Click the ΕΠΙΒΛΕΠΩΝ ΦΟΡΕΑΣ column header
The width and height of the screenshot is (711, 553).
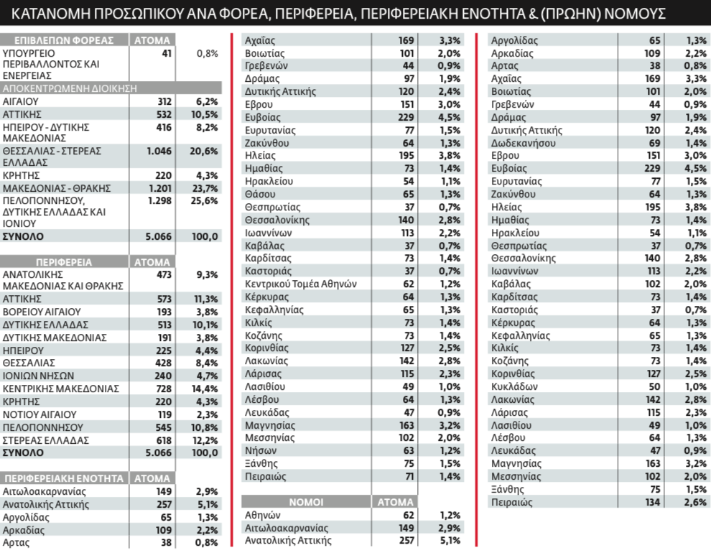click(64, 40)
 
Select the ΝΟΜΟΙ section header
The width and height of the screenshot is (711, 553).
click(306, 502)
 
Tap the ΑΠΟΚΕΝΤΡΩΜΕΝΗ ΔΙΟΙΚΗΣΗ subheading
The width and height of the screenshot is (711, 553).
click(70, 88)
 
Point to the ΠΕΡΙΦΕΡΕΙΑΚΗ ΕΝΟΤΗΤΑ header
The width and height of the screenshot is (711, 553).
click(64, 478)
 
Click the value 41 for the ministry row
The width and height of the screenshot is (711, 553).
click(167, 53)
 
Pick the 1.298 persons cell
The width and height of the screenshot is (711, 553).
click(159, 201)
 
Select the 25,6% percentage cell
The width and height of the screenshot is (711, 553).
click(204, 201)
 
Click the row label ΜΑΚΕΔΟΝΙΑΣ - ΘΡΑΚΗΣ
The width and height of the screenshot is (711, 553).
click(57, 188)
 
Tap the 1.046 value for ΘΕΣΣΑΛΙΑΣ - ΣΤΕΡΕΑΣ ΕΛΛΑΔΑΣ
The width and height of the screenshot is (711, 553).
click(159, 151)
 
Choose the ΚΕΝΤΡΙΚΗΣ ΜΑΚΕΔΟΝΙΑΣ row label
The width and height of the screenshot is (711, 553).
click(61, 389)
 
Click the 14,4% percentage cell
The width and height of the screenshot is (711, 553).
click(205, 389)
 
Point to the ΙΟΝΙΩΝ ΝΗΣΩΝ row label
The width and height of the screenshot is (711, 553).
click(38, 376)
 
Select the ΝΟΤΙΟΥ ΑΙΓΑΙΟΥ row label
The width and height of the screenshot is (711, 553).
click(39, 415)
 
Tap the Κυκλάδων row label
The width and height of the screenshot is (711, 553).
click(514, 386)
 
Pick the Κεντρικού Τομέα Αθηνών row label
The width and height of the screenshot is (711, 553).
click(301, 284)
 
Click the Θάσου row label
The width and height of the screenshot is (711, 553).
click(260, 195)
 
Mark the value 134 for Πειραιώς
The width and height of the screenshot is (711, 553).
click(652, 502)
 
